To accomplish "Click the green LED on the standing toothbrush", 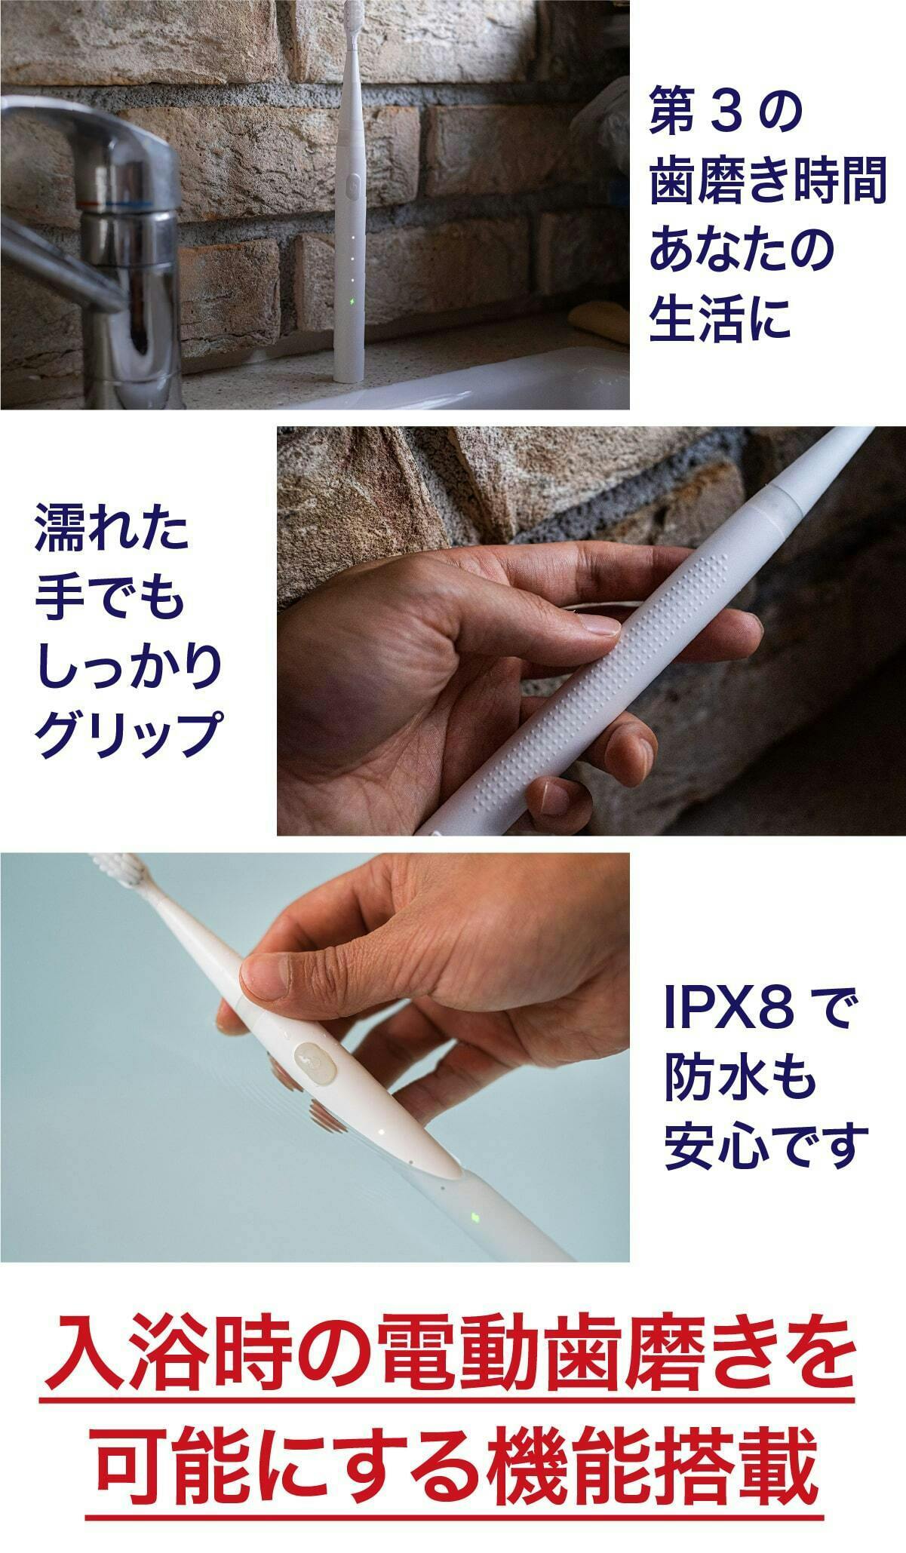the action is point(352,304).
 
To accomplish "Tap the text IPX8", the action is point(729,1011).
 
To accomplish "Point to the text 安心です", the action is point(762,1146).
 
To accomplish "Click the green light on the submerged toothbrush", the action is point(475,1218).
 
